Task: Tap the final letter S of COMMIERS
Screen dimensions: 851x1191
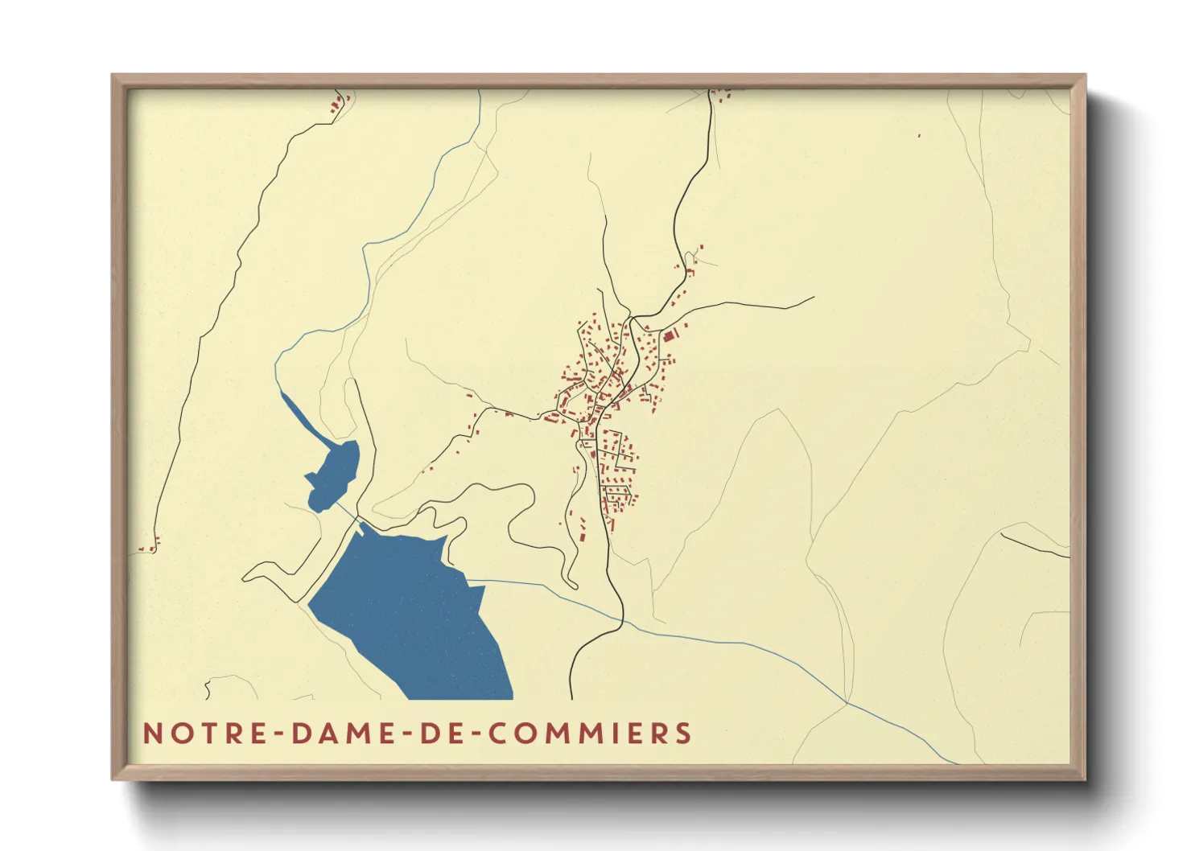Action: pyautogui.click(x=684, y=733)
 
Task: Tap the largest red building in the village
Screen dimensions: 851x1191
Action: pyautogui.click(x=668, y=336)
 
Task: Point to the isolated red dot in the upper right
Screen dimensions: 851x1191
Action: pyautogui.click(x=919, y=136)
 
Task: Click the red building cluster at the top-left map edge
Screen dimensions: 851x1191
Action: pyautogui.click(x=340, y=101)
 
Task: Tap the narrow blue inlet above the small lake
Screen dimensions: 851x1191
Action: pyautogui.click(x=299, y=415)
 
